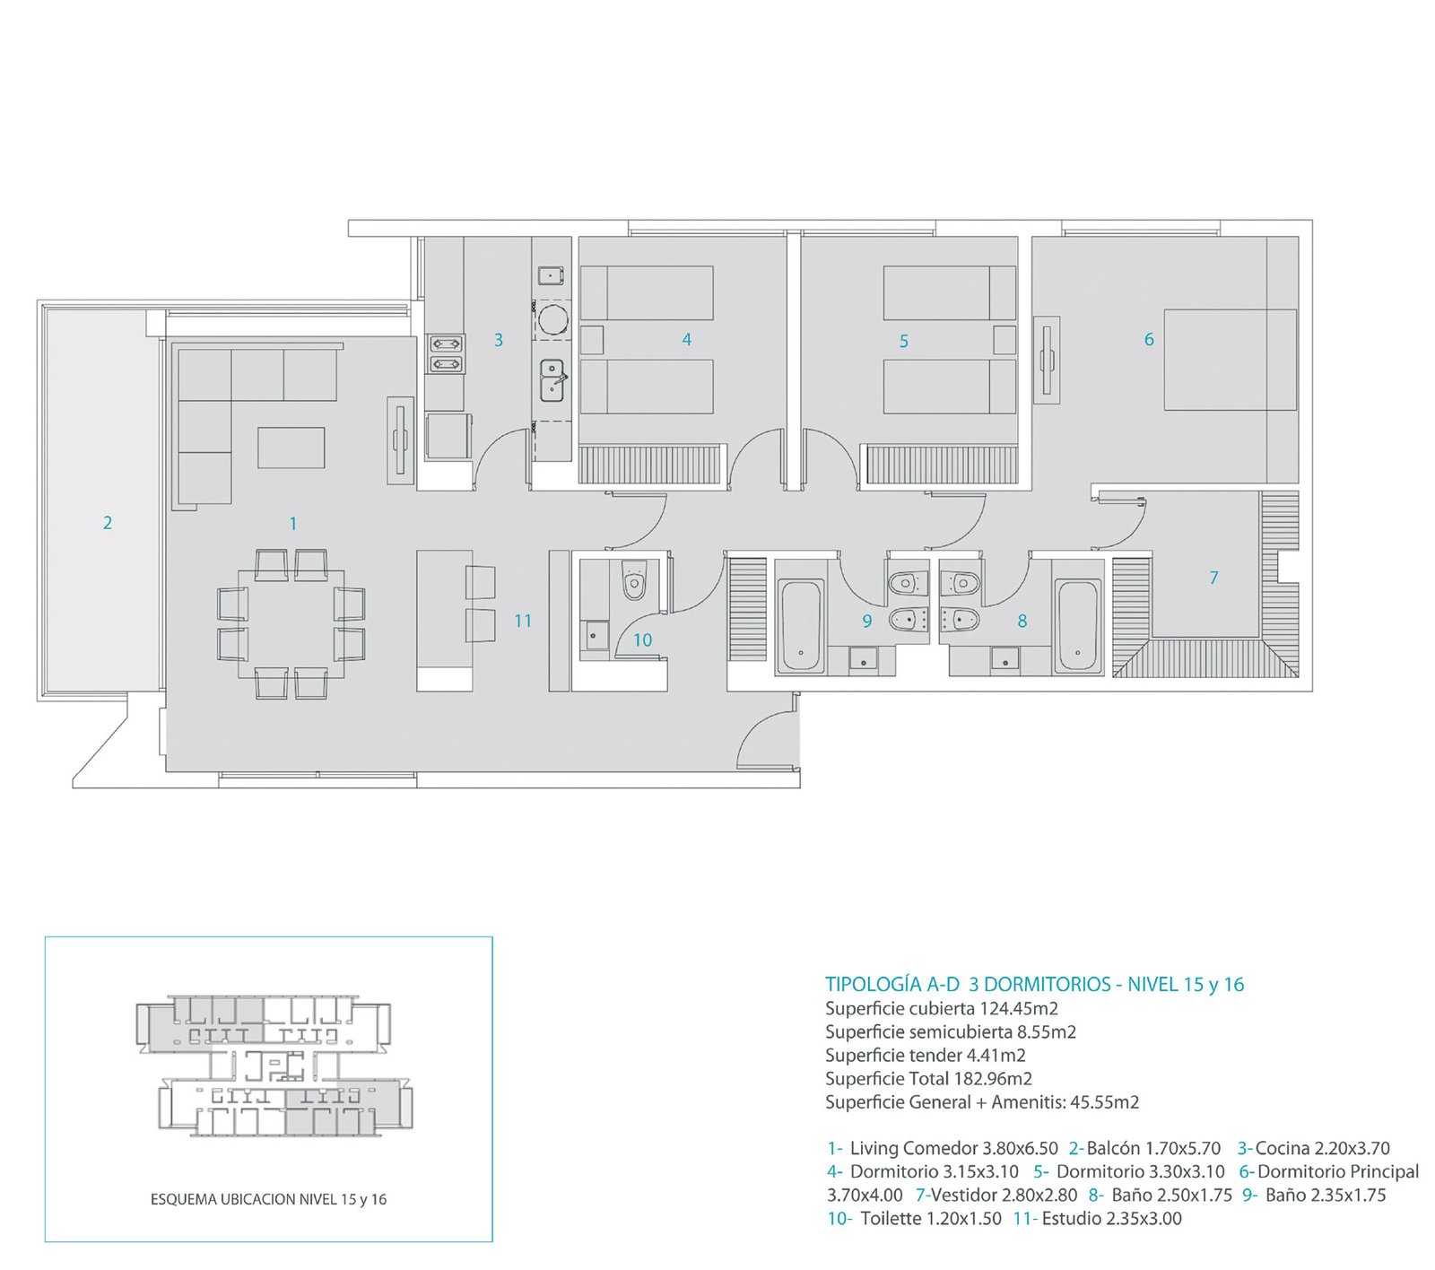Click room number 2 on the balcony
(x=108, y=523)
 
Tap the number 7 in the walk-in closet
(x=1213, y=578)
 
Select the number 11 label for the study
(x=523, y=621)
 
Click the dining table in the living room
(x=291, y=622)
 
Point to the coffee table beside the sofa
(x=291, y=448)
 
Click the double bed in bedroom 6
(x=1231, y=360)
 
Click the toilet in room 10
(x=634, y=581)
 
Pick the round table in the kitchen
(x=552, y=319)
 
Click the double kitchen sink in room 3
(x=552, y=380)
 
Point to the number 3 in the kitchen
(x=499, y=340)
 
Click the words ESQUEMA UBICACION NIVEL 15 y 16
(x=268, y=1199)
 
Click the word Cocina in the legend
(x=1283, y=1148)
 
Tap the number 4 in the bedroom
(x=687, y=340)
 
